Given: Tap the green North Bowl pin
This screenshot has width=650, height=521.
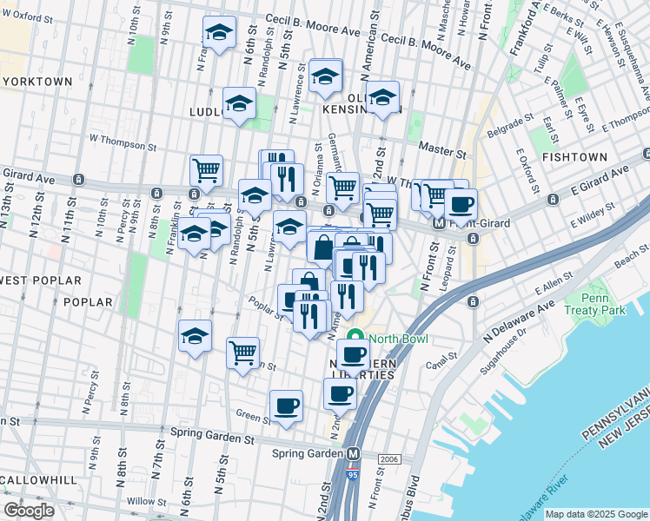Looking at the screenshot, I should (354, 339).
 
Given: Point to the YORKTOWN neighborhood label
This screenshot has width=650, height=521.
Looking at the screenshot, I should (36, 81).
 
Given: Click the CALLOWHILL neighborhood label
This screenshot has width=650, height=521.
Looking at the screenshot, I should (36, 480).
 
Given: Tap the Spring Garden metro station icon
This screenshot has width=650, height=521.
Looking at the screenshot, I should (354, 454).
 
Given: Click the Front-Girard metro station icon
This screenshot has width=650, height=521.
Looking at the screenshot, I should (440, 222).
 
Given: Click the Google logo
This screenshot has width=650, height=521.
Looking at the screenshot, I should (30, 511).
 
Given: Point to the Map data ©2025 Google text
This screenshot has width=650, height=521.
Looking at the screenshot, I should (594, 514).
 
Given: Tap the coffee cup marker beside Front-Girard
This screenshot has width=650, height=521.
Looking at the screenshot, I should (461, 206).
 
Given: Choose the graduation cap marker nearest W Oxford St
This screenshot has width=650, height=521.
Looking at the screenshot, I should (219, 33).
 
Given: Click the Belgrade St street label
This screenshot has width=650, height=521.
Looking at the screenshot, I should (509, 127).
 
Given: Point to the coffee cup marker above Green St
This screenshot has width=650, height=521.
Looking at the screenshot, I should (286, 406).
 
